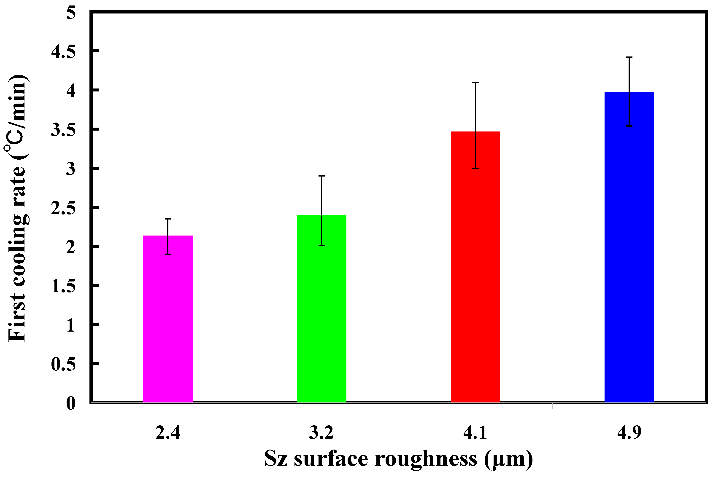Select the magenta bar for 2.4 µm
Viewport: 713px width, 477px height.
tap(168, 319)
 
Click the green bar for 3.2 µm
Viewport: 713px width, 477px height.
tap(321, 309)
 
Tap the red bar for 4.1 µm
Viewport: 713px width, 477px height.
tap(475, 268)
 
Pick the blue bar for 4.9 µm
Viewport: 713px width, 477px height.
tap(629, 248)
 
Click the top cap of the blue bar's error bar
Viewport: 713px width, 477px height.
tap(629, 57)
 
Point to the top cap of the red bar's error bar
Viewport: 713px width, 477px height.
tap(475, 82)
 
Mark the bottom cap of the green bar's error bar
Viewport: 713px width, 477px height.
tap(321, 246)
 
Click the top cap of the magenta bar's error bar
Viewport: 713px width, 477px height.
tap(168, 219)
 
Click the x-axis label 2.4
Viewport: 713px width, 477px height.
tap(168, 433)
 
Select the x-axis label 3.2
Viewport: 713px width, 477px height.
tap(321, 433)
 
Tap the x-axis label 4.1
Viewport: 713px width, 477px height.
tap(475, 433)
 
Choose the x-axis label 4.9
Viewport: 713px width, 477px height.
tap(629, 433)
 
